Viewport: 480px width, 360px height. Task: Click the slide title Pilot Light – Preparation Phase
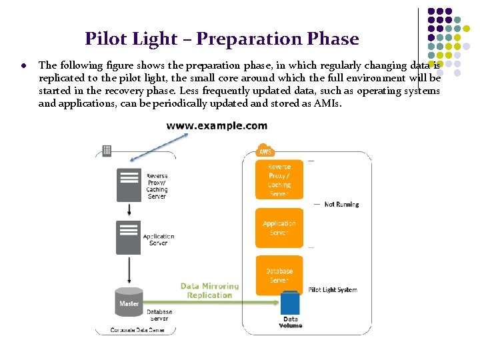coord(221,39)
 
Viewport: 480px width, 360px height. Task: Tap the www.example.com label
coord(217,125)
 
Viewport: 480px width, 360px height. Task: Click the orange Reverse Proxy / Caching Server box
coord(279,179)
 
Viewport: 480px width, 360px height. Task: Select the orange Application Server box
coord(279,228)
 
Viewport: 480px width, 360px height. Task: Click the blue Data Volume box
coord(290,303)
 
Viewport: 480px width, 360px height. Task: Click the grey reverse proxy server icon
coord(129,185)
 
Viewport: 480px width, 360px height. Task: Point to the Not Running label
coord(341,204)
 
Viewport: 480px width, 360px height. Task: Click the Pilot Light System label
coord(333,290)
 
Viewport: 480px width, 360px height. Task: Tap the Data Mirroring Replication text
coord(209,291)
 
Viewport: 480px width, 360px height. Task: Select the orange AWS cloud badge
coord(265,150)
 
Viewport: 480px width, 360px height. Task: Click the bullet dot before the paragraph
coord(23,65)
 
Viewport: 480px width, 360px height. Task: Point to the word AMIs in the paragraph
coord(327,103)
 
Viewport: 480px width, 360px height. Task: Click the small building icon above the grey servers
coord(106,151)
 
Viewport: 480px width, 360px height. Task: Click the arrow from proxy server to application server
coord(129,209)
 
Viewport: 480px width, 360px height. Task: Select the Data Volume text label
coord(291,322)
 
